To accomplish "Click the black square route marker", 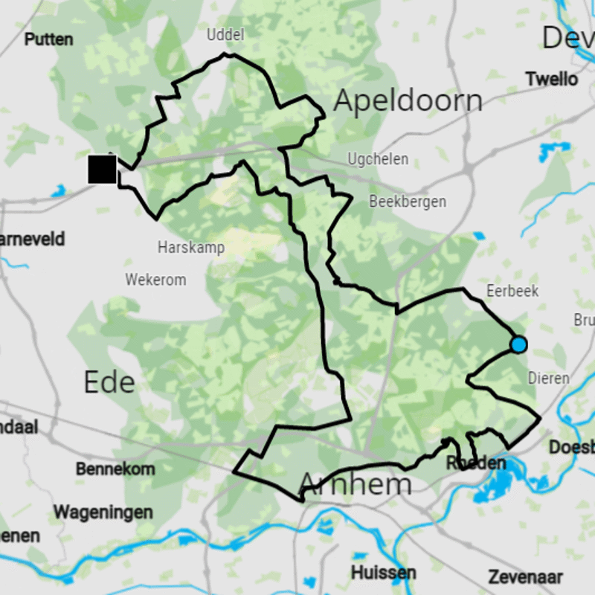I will point(102,170).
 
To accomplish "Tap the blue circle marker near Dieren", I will point(518,344).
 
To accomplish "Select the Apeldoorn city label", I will point(408,100).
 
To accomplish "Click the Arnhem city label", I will point(355,485).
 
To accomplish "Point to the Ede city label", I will point(109,382).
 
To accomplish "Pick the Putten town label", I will point(49,39).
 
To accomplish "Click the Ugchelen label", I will point(378,159).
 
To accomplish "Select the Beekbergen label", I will point(408,202).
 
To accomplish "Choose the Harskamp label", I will point(191,248).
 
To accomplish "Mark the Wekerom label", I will point(155,280).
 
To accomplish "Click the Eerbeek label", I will point(512,291).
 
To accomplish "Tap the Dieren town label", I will point(548,378).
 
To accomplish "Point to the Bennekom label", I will point(115,469).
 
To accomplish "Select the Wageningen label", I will point(103,512).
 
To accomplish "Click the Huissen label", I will point(383,573).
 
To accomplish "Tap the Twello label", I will point(551,79).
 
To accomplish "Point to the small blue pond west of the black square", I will point(59,192).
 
